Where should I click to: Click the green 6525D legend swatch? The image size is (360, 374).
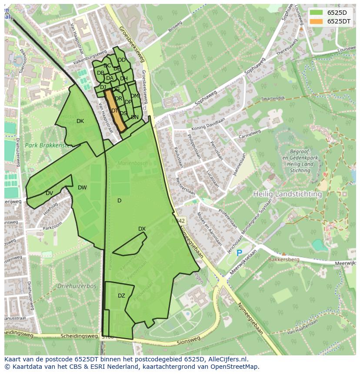[x=316, y=12]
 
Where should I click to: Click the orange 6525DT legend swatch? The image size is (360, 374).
[x=316, y=21]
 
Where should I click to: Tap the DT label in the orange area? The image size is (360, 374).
[x=115, y=111]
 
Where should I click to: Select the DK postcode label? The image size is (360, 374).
[x=80, y=121]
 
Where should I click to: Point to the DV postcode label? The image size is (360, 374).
[x=49, y=193]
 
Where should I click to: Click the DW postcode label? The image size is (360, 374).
[x=82, y=188]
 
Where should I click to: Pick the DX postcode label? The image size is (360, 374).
[x=142, y=229]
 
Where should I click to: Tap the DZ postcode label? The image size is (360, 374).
[x=121, y=296]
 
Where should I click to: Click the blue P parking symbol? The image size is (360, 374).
[x=239, y=253]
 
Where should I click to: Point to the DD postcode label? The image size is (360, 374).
[x=122, y=60]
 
